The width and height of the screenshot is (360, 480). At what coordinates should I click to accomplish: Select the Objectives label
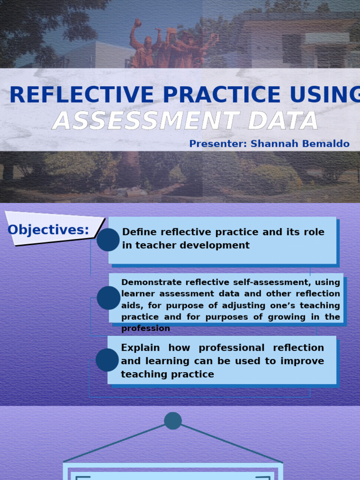click(x=48, y=230)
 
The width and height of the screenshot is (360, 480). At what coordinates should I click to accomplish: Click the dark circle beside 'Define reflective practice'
click(x=108, y=240)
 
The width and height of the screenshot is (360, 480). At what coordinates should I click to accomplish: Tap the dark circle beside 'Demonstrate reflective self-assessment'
click(x=108, y=298)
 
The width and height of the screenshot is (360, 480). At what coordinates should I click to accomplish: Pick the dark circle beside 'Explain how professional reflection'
click(x=107, y=360)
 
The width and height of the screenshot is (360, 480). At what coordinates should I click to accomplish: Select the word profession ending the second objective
click(x=145, y=329)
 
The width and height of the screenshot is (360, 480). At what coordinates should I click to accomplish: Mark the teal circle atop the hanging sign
click(x=173, y=420)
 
